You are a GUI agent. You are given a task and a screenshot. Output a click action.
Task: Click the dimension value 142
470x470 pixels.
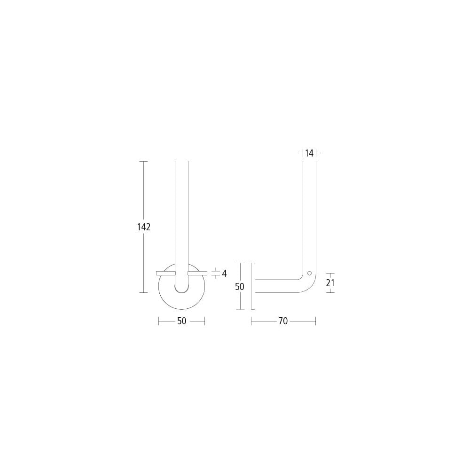144,227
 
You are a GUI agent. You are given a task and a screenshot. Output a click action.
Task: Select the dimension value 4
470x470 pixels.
224,273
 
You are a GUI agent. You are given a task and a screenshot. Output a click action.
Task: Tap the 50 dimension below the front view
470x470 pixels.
182,321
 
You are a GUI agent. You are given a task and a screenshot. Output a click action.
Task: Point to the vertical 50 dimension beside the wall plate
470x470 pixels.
240,286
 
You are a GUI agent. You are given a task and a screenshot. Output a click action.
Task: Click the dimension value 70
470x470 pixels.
282,321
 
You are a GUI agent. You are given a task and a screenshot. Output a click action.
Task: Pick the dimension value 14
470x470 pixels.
309,153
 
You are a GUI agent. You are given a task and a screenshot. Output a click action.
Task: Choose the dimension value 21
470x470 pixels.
330,283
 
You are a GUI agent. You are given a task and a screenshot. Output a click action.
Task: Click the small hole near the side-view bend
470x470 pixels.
309,273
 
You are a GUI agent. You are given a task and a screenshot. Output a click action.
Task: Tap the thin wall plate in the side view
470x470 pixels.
253,286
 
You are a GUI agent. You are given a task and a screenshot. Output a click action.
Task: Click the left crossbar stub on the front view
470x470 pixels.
166,273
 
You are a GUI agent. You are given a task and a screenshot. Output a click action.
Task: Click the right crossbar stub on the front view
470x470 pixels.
197,273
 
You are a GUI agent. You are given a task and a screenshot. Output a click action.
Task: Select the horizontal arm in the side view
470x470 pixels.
277,286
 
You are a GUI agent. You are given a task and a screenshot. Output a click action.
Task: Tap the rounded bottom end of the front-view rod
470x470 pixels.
181,290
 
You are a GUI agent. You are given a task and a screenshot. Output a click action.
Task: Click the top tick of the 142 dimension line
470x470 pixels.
144,162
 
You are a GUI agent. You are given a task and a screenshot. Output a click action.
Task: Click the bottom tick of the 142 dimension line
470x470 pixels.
144,292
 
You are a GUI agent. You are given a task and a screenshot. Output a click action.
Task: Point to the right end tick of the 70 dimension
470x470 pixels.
315,321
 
